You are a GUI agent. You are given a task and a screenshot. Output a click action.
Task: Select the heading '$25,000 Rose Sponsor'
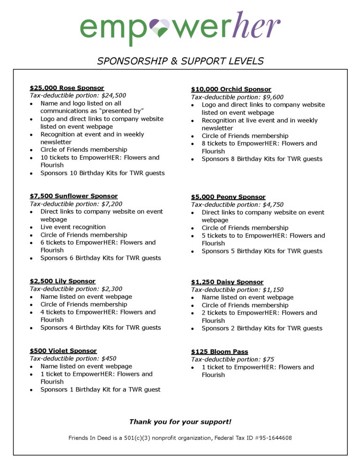67,88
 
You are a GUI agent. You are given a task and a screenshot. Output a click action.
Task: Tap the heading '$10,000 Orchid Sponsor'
231,89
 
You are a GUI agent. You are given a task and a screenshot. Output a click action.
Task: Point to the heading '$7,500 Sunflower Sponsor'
73,196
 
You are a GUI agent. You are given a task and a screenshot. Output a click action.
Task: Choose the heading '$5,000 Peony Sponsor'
228,197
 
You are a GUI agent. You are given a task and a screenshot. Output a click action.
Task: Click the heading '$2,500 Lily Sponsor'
63,281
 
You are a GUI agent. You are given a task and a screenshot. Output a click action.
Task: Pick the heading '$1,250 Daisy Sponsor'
227,282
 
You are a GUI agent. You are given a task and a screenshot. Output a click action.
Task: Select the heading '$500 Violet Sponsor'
63,350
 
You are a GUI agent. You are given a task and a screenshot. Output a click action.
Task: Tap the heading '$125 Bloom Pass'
219,351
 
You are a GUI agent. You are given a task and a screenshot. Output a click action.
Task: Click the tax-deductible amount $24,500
114,95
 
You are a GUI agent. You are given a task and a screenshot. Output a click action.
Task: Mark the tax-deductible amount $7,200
112,204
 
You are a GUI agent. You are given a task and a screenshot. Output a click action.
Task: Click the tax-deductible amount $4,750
273,204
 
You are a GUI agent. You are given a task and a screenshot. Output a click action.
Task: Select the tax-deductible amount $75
268,359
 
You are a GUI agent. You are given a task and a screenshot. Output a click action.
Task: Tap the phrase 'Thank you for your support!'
180,422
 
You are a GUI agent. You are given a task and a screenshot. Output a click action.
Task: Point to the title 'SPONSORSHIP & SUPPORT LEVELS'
180,61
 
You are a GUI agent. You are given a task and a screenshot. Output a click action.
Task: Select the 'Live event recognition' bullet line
73,227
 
